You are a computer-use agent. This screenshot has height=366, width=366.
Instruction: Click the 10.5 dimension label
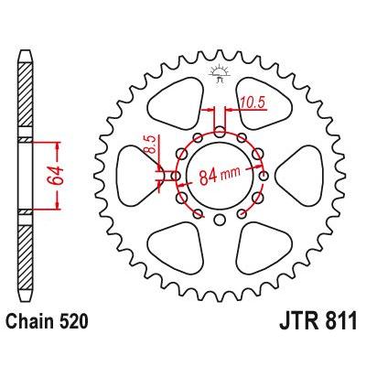click(253, 102)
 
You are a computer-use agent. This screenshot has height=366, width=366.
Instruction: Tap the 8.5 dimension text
click(150, 144)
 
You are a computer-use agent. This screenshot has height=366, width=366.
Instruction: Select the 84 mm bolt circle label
click(220, 176)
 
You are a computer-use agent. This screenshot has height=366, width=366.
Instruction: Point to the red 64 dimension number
click(56, 176)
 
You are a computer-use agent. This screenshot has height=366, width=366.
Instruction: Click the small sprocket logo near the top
click(219, 74)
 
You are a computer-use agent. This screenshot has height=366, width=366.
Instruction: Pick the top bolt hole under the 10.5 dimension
click(220, 132)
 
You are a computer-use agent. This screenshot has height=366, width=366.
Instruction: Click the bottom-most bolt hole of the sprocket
click(219, 220)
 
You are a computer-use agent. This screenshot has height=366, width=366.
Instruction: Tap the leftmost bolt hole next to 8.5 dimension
click(176, 176)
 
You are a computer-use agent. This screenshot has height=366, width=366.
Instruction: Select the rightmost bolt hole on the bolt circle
click(264, 176)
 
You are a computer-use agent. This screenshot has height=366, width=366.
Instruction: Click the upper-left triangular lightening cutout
click(177, 103)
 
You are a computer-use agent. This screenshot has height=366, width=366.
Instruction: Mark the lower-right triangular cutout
click(263, 248)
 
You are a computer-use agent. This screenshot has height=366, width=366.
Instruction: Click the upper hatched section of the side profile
click(26, 95)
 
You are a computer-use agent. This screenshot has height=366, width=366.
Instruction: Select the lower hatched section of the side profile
click(26, 257)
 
